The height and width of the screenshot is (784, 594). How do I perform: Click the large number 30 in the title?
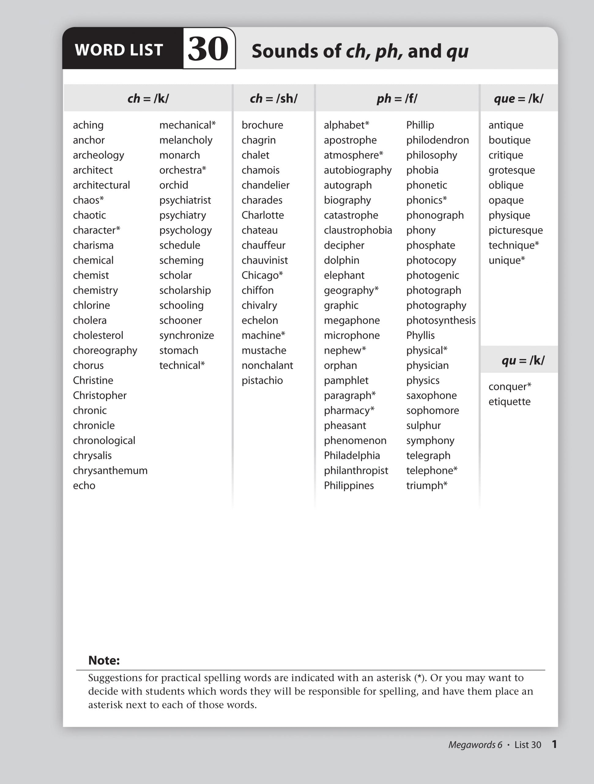pos(208,49)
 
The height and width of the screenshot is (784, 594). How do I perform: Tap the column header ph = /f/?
pos(397,99)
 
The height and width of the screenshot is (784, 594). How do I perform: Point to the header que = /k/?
pos(518,99)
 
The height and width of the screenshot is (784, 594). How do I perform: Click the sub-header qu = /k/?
pos(523,360)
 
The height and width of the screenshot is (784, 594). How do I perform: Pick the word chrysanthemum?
pos(110,471)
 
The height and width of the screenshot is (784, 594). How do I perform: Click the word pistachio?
pos(262,381)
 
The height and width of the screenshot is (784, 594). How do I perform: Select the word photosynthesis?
pos(441,320)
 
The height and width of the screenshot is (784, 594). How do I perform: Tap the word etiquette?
pos(509,402)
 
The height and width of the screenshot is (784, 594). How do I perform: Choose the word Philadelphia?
pos(351,455)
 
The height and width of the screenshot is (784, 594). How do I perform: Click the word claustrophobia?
pos(358,230)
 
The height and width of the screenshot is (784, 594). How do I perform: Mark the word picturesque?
pos(515,230)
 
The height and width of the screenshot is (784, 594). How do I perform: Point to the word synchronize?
pos(187,335)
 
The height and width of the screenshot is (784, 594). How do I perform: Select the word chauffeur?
pos(263,245)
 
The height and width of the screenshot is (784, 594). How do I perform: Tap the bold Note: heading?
pos(104,660)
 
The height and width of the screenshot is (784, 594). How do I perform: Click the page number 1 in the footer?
pos(554,744)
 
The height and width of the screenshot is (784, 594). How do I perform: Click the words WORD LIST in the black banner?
pos(119,50)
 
